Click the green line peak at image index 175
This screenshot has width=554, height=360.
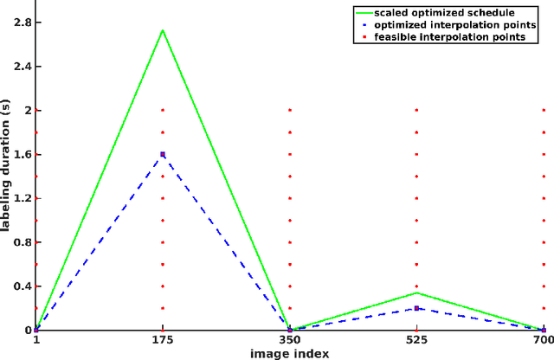coord(163,30)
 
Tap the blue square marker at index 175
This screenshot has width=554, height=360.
coord(163,155)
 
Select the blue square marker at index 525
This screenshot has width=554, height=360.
coord(416,308)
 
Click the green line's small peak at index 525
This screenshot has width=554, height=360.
coord(416,292)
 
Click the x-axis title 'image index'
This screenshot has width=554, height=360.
coord(290,353)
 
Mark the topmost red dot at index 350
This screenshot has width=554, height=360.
coord(290,111)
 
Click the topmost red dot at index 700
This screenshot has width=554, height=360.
coord(543,111)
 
